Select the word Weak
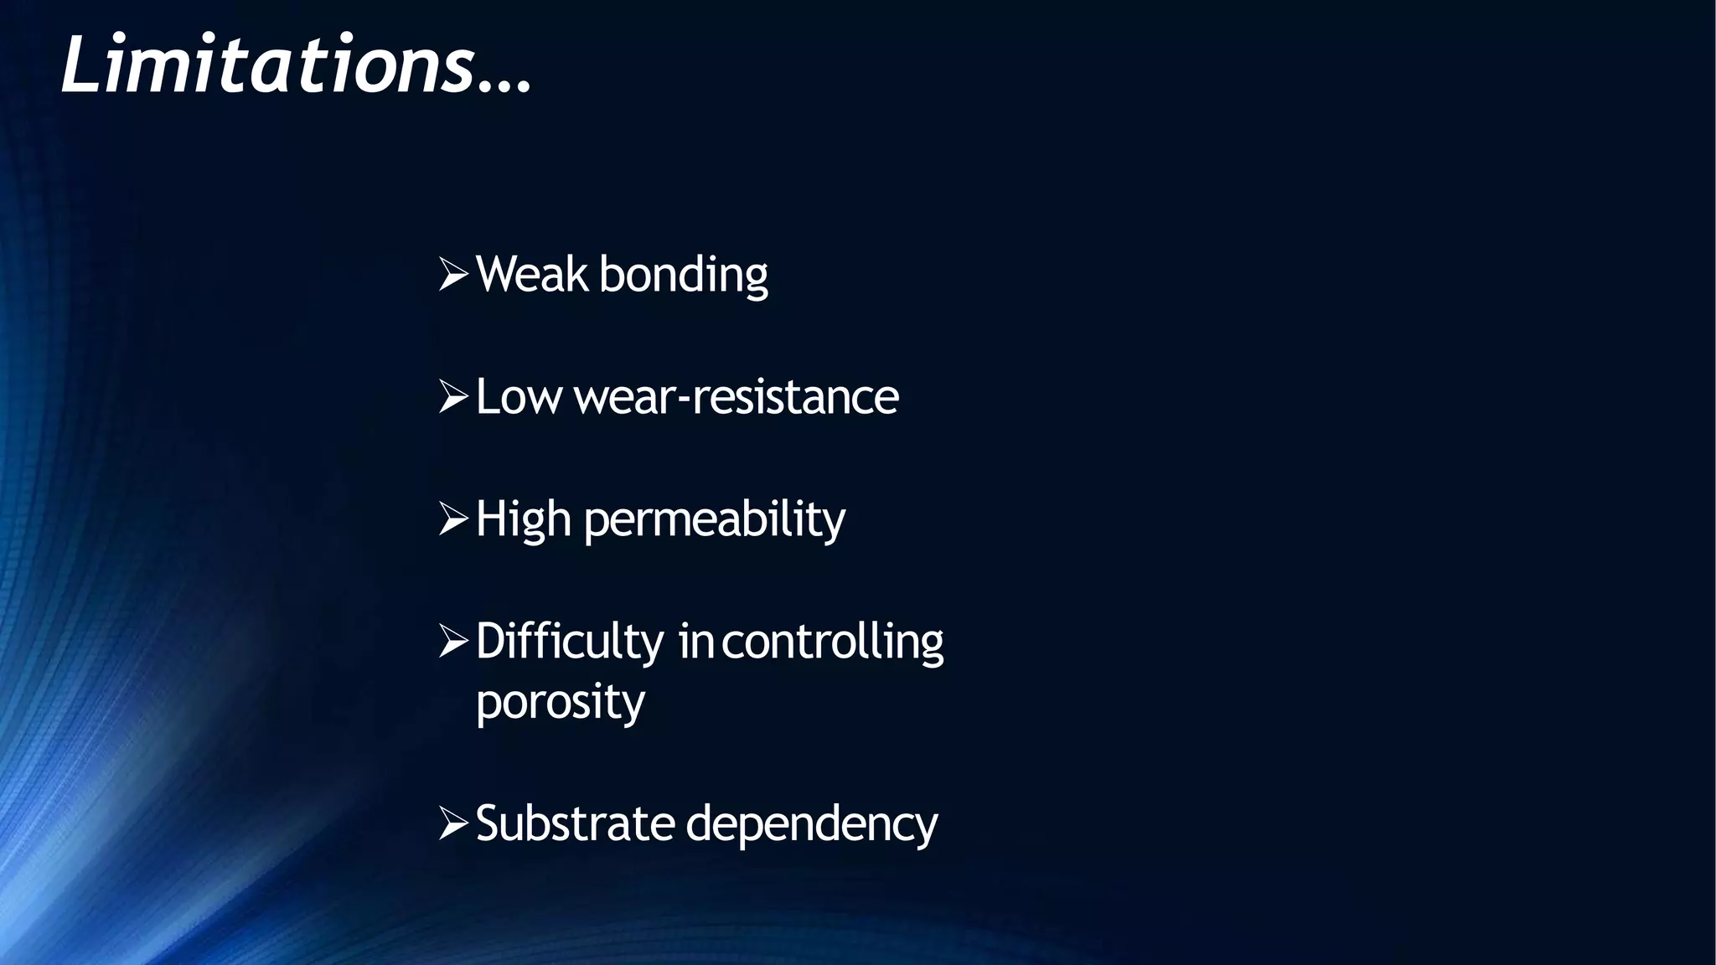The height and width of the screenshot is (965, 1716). point(531,274)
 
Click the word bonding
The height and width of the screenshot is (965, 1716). point(683,276)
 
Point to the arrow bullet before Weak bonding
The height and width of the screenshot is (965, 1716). point(453,275)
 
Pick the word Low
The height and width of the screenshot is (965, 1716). point(518,397)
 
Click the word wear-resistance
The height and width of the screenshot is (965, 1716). point(736,397)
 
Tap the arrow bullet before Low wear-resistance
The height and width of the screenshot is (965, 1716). point(453,397)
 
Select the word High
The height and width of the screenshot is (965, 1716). point(523,519)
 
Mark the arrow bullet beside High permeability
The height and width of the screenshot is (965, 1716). point(453,519)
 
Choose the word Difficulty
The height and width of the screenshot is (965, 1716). point(569,642)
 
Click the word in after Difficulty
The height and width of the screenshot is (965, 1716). point(695,642)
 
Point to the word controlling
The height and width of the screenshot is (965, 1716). point(832,642)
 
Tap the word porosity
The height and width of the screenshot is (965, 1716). point(560,702)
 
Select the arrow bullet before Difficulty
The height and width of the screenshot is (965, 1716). point(453,642)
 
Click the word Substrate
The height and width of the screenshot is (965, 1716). point(575,823)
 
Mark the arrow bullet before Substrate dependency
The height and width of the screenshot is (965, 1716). point(453,824)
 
